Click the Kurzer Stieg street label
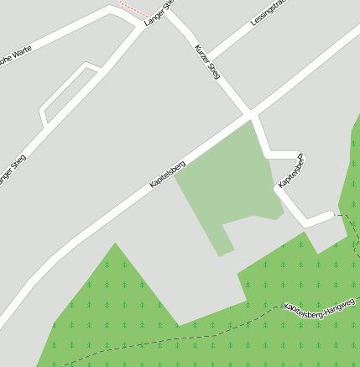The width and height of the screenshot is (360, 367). click(207, 63)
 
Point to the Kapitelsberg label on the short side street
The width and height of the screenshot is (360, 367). click(290, 171)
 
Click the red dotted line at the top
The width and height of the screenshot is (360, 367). click(133, 9)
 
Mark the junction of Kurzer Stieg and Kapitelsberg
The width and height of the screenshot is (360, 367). click(250, 113)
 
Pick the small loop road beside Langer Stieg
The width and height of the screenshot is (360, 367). click(67, 95)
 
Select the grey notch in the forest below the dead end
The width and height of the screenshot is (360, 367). click(324, 239)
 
